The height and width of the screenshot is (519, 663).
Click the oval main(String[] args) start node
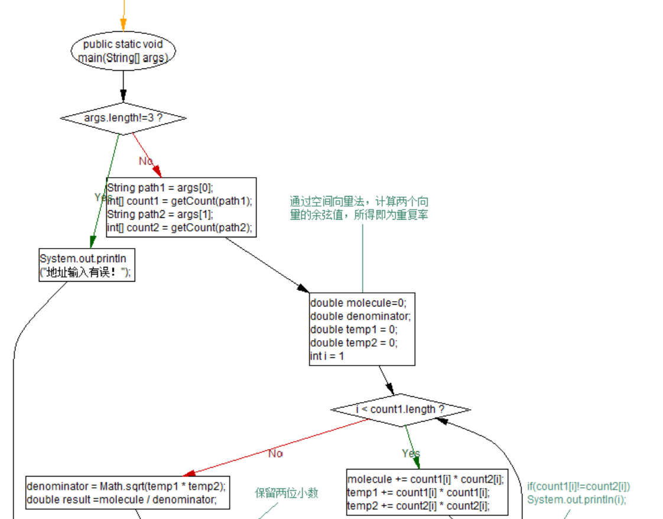(x=123, y=51)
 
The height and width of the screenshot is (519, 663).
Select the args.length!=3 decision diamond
(x=123, y=118)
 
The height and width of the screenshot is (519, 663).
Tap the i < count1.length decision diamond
(x=400, y=409)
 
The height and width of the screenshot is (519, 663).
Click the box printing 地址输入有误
(x=87, y=265)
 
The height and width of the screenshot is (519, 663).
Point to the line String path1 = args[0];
(x=160, y=187)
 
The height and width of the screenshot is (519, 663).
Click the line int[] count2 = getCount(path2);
(x=180, y=228)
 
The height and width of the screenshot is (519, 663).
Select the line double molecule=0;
(x=358, y=303)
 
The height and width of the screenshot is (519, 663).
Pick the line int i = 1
(x=327, y=356)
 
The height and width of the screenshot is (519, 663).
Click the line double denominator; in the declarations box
(x=360, y=316)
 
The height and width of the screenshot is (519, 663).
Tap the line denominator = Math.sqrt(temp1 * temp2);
(x=126, y=486)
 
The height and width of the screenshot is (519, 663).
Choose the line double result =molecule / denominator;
(x=121, y=500)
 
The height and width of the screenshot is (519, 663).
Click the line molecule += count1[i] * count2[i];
(x=425, y=479)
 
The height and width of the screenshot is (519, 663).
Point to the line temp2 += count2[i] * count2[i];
(x=418, y=506)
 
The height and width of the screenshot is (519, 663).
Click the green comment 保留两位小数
(x=287, y=492)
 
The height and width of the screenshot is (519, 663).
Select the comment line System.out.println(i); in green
(x=576, y=500)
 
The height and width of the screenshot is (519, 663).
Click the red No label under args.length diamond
(x=146, y=161)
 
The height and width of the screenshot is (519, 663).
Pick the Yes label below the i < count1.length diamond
(x=411, y=453)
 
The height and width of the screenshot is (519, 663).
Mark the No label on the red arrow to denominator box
(x=275, y=453)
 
